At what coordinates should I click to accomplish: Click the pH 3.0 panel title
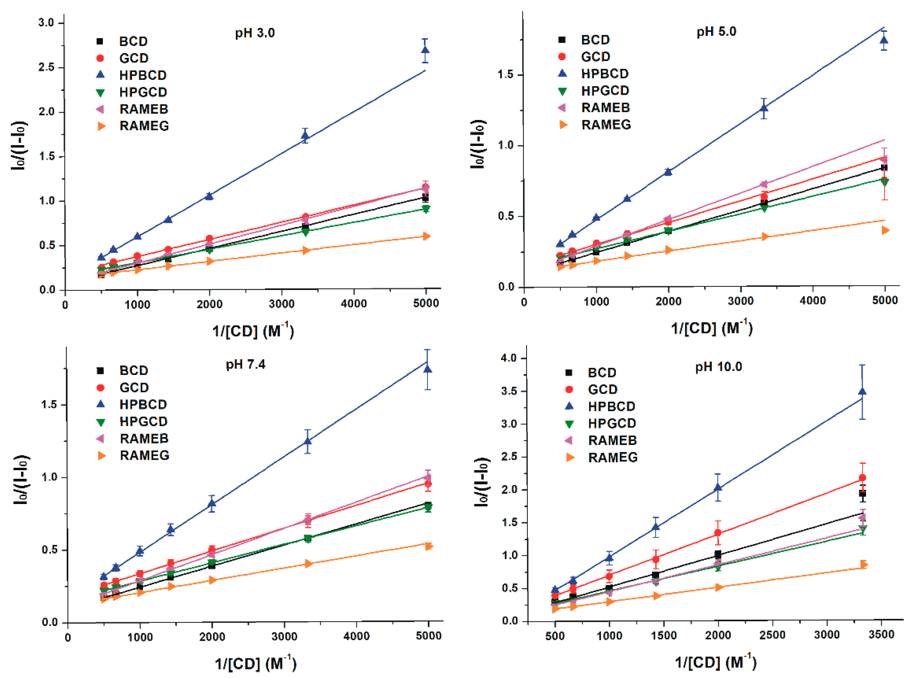(255, 33)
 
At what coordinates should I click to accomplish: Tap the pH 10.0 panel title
(718, 367)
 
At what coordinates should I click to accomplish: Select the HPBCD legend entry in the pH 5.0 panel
(604, 74)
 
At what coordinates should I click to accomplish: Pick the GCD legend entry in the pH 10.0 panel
(602, 389)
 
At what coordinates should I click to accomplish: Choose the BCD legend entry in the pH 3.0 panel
(133, 41)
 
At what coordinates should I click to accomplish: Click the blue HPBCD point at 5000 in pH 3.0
(425, 50)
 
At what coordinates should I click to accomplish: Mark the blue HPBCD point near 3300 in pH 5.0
(764, 108)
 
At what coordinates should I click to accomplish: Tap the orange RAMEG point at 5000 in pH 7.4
(428, 546)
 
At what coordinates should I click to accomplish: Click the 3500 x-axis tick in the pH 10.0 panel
(881, 635)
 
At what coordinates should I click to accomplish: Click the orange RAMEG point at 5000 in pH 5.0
(885, 230)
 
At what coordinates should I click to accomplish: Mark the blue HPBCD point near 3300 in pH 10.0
(862, 392)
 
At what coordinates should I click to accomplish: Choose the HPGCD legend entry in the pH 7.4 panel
(143, 422)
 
